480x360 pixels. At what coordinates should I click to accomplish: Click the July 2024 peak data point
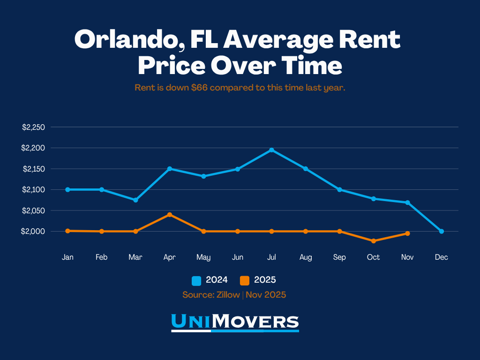pyautogui.click(x=271, y=150)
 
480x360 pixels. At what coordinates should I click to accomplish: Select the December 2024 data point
pyautogui.click(x=442, y=231)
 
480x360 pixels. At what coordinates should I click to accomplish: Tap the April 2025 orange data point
pyautogui.click(x=170, y=215)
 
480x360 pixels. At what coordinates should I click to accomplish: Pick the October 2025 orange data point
pyautogui.click(x=374, y=241)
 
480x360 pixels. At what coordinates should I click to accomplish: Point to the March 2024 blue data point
pyautogui.click(x=135, y=200)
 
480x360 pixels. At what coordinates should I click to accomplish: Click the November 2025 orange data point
pyautogui.click(x=407, y=233)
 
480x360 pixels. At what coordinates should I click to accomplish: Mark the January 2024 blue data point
pyautogui.click(x=67, y=189)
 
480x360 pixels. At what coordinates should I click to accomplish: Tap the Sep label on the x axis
pyautogui.click(x=339, y=257)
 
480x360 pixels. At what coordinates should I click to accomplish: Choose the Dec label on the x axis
pyautogui.click(x=441, y=257)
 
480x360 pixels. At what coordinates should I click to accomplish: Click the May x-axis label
pyautogui.click(x=203, y=257)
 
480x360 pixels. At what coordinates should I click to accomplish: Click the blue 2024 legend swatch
pyautogui.click(x=196, y=281)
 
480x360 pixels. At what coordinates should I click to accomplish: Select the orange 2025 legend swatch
pyautogui.click(x=244, y=281)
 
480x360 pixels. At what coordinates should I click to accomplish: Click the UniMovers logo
pyautogui.click(x=235, y=322)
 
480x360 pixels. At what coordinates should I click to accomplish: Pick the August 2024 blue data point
pyautogui.click(x=306, y=169)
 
